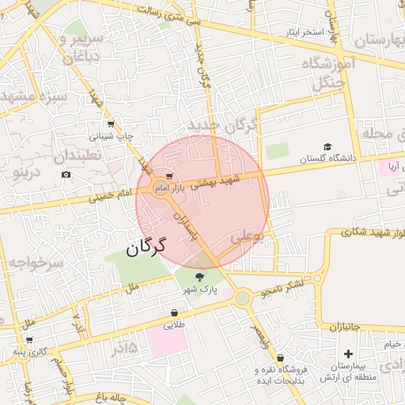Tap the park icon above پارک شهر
coord(199,277)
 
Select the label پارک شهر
coord(199,291)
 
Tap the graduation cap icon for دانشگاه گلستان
coord(327,146)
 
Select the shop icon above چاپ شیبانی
coord(110,124)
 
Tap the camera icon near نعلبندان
coord(66,174)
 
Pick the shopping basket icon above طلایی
coord(173,312)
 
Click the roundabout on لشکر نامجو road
coord(243,298)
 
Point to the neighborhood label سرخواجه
coord(32,265)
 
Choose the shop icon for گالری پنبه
coord(29,340)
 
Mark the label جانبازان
coord(345,326)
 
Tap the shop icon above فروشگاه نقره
coord(280,358)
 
